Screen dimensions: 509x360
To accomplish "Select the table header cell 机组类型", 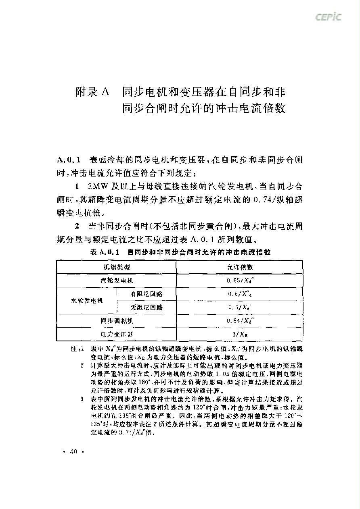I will (117, 267).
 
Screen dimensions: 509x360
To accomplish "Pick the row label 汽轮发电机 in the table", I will (117, 280).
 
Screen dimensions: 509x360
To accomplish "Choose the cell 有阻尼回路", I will (147, 293).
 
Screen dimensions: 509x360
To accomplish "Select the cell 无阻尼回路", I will (147, 307).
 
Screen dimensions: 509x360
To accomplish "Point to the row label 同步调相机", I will (117, 321).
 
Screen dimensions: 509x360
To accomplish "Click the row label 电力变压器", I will (117, 334).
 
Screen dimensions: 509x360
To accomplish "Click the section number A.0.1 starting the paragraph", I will (69, 160).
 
